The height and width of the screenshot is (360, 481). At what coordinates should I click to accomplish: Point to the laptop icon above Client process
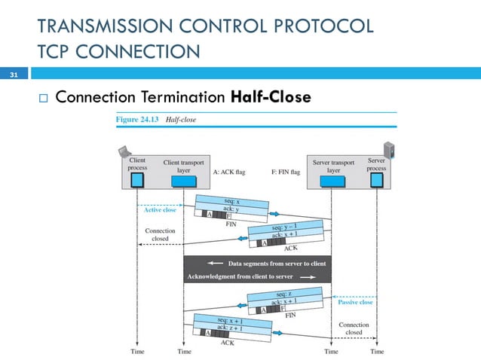pos(125,151)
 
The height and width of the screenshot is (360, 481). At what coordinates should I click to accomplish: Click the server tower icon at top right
pos(389,148)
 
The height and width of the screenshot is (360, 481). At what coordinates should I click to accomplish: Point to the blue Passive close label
pos(354,301)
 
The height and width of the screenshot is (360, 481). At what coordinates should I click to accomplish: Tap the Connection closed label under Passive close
pos(354,328)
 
